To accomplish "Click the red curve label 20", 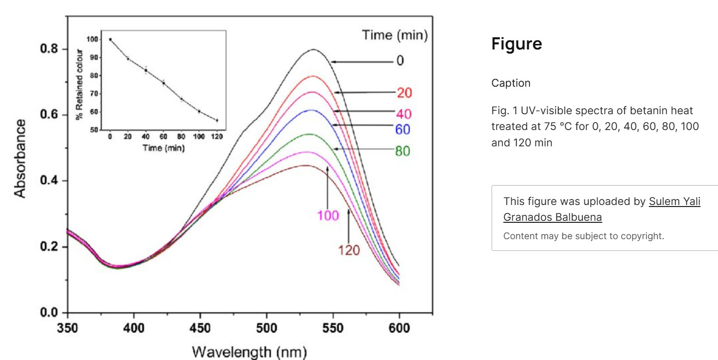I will click(x=404, y=93).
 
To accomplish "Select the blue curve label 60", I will click(x=403, y=130).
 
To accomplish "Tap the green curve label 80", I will click(x=402, y=151).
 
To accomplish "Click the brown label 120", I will click(x=349, y=250).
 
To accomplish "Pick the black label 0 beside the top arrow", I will click(x=400, y=61).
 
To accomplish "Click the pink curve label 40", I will click(x=403, y=114).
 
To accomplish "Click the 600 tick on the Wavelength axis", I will click(x=399, y=328).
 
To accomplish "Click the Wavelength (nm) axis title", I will click(x=249, y=352).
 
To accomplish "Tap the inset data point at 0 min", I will click(x=110, y=39).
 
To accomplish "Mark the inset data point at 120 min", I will click(x=217, y=120).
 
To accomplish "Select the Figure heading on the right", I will click(x=517, y=44).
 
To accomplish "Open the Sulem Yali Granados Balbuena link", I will click(x=602, y=209).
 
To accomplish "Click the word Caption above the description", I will click(x=511, y=83).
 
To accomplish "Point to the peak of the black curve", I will click(x=313, y=49).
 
